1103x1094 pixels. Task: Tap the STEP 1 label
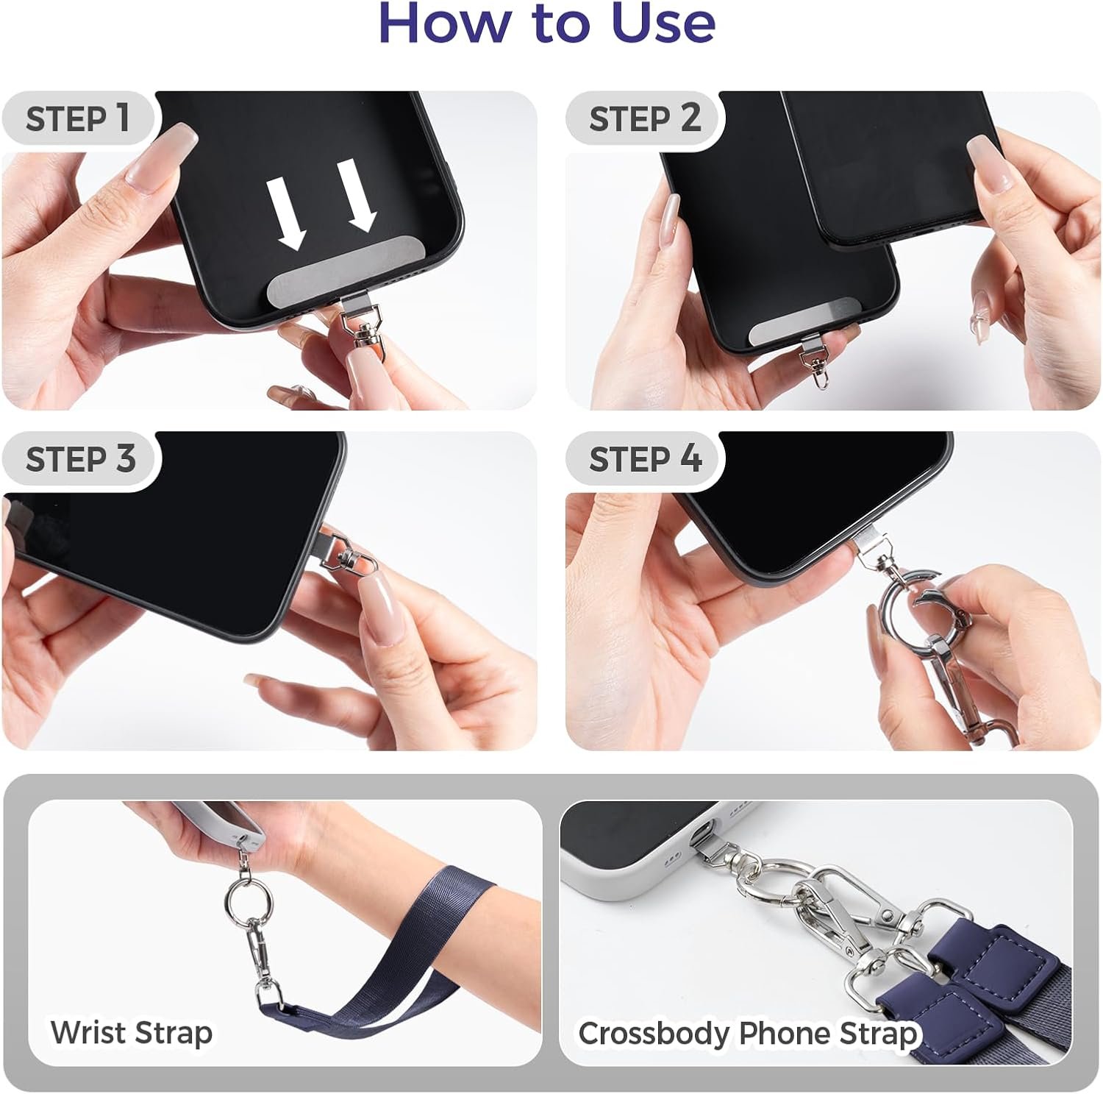(78, 118)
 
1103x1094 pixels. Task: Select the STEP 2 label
(645, 118)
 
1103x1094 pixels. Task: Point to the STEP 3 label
(81, 459)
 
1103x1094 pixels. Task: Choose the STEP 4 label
(646, 459)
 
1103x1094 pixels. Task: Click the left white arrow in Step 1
(286, 214)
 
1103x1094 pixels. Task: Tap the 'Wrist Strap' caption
(132, 1032)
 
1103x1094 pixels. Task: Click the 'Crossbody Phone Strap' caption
(748, 1033)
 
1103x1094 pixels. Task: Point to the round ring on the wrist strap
(249, 899)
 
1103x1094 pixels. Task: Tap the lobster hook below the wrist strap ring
(264, 956)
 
